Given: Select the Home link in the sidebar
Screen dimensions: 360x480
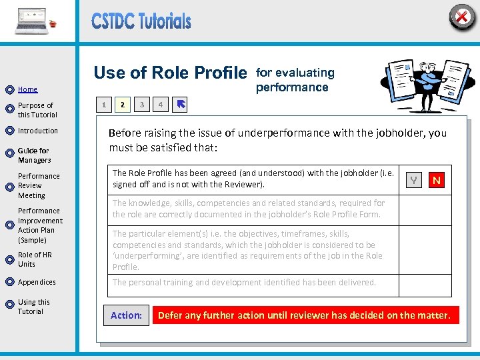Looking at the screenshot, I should click(x=27, y=89).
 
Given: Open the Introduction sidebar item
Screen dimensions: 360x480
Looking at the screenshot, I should click(x=38, y=131).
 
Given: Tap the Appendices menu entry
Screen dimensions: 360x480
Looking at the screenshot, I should click(x=37, y=282).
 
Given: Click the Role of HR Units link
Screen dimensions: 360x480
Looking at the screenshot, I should click(x=35, y=259).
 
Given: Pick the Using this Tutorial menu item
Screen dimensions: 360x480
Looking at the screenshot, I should click(x=33, y=307).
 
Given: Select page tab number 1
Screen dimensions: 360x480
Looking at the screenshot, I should click(x=103, y=105).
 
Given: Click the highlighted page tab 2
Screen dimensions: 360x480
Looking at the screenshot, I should click(x=122, y=105).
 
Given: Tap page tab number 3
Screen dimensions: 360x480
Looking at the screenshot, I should click(x=141, y=105).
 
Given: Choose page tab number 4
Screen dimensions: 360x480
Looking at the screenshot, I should click(x=160, y=105).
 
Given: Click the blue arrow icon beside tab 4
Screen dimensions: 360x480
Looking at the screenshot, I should click(x=181, y=105).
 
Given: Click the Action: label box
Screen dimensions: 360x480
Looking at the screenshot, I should click(x=126, y=315).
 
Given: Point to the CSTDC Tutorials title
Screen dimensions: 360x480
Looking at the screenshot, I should click(x=141, y=21).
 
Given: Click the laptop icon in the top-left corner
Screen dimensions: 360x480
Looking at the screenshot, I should click(x=32, y=21).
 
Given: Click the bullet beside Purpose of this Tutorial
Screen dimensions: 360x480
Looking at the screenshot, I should click(x=9, y=109).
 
